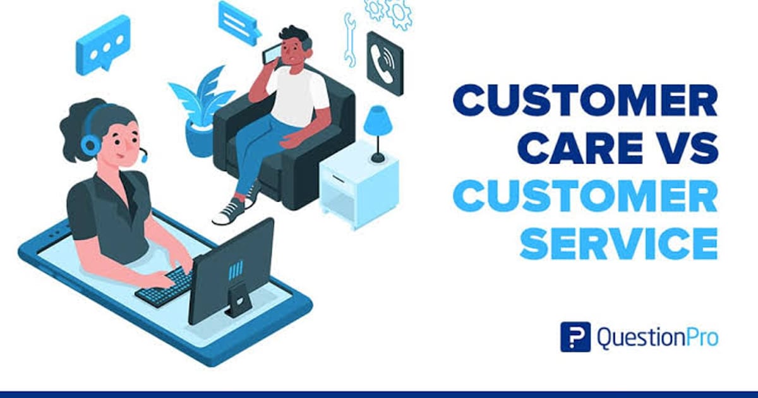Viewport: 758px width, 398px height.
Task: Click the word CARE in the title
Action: click(558, 149)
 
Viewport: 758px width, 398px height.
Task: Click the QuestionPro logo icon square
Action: click(575, 337)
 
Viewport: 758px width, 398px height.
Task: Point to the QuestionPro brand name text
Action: click(657, 337)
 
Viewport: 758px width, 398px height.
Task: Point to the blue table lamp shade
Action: click(378, 119)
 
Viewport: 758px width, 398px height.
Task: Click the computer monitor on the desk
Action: click(232, 268)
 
